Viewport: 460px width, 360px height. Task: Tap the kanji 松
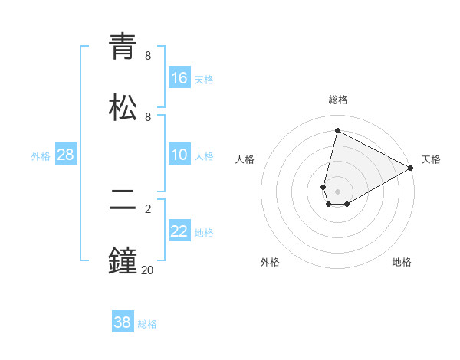123,107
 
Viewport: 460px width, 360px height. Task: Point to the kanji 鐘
123,260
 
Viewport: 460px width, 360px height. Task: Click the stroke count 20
148,270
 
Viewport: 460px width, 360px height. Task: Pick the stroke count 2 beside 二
148,208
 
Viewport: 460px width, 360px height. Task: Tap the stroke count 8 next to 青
148,56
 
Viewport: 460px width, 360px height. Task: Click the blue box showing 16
179,78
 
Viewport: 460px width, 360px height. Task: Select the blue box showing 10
179,155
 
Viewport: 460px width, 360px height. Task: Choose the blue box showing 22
179,231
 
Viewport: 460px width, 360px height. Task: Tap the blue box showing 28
66,155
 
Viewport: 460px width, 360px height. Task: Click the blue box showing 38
123,322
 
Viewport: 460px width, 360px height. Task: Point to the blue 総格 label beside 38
147,324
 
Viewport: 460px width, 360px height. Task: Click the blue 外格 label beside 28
41,156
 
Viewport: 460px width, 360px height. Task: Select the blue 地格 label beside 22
204,233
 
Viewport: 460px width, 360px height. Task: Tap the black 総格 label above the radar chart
338,100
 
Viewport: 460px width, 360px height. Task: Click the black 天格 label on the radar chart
431,159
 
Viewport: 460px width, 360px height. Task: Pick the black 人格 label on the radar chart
245,159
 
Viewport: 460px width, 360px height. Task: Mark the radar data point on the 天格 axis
411,169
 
